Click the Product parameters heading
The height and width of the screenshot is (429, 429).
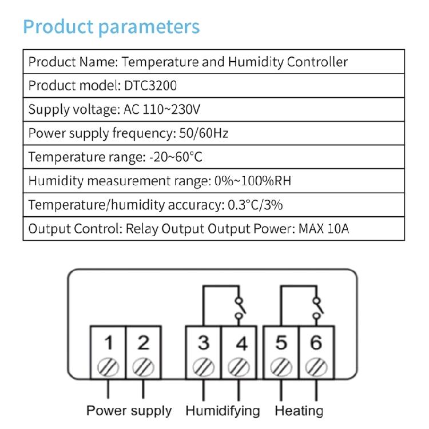pos(112,27)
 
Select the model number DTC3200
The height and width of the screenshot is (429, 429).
pos(150,85)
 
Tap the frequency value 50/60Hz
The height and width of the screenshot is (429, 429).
pos(204,133)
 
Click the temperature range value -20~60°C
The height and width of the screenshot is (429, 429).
pos(176,157)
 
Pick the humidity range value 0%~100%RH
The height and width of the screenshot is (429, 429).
pos(253,181)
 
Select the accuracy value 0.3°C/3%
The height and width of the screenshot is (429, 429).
pos(255,205)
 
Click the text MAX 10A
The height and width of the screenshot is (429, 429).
pos(324,228)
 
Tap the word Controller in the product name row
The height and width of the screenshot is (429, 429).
pos(317,62)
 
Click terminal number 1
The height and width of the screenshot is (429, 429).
pos(109,343)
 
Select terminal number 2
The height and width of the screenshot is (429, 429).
pos(144,343)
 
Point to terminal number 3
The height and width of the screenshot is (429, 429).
pos(204,343)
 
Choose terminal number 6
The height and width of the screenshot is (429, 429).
pos(316,343)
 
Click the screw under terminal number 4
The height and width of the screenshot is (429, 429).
pos(239,367)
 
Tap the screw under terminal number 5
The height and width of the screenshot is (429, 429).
pos(281,367)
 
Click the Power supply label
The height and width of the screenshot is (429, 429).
pos(129,411)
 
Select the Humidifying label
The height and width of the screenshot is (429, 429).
pos(223,411)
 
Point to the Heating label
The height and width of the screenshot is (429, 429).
pos(299,411)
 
